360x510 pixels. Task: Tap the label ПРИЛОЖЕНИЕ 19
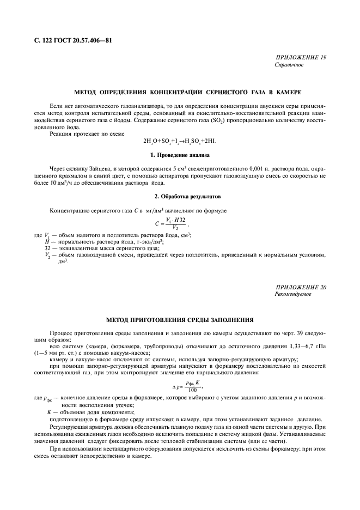(301, 58)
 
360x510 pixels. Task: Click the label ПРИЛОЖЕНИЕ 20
(301, 287)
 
